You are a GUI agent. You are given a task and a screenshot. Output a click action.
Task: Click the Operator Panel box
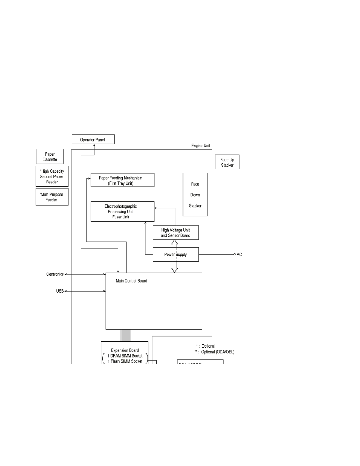(93, 139)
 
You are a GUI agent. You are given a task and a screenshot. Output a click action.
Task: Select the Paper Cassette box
(50, 157)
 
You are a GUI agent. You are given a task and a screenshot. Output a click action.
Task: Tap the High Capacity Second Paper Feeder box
(52, 177)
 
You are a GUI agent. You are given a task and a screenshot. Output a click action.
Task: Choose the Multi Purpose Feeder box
(52, 197)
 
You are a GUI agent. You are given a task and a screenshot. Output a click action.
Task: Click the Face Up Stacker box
(227, 162)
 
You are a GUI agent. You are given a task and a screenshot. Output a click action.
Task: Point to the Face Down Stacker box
(195, 195)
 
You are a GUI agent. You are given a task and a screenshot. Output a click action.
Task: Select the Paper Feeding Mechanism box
(122, 180)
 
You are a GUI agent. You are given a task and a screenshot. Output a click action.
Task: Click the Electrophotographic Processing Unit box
(122, 212)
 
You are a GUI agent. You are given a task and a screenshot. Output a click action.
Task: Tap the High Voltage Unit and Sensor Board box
(175, 233)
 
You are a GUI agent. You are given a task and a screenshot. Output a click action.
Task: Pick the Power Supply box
(175, 255)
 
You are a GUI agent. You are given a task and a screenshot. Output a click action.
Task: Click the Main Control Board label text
(131, 281)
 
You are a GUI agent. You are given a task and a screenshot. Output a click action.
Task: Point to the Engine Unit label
(200, 146)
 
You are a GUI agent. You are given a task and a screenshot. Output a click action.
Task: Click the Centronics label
(55, 274)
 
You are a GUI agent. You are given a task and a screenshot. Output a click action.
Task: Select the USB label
(60, 291)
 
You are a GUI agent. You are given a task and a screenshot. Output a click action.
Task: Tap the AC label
(240, 255)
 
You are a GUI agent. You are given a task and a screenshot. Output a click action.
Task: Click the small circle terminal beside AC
(235, 254)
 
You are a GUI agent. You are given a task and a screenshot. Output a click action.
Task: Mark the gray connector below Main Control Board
(125, 335)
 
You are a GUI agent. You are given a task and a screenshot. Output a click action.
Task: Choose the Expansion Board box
(125, 353)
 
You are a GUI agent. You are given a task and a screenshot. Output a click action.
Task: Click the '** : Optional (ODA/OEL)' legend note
(214, 352)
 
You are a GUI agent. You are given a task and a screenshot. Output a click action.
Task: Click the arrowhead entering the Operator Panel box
(94, 145)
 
